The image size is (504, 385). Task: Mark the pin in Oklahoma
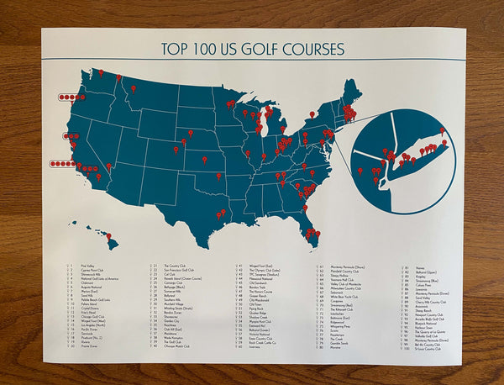(219, 177)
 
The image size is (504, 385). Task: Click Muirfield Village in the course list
(176, 305)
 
